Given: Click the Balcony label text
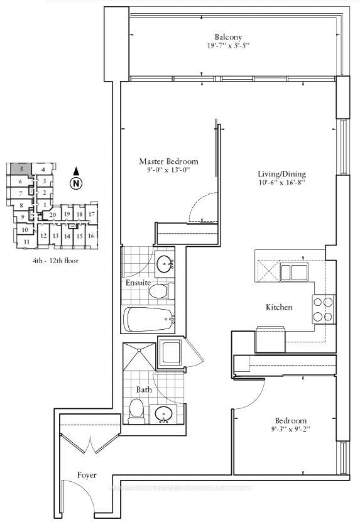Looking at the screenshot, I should point(227,37).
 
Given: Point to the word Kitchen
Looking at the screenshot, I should point(278,308).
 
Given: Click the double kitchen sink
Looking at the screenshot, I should point(294,272).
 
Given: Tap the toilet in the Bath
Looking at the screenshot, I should point(136,411).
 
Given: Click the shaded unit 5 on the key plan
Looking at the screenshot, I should point(21,169).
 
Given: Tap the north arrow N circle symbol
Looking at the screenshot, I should point(76,183).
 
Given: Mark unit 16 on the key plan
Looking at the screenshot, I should point(91,236).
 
